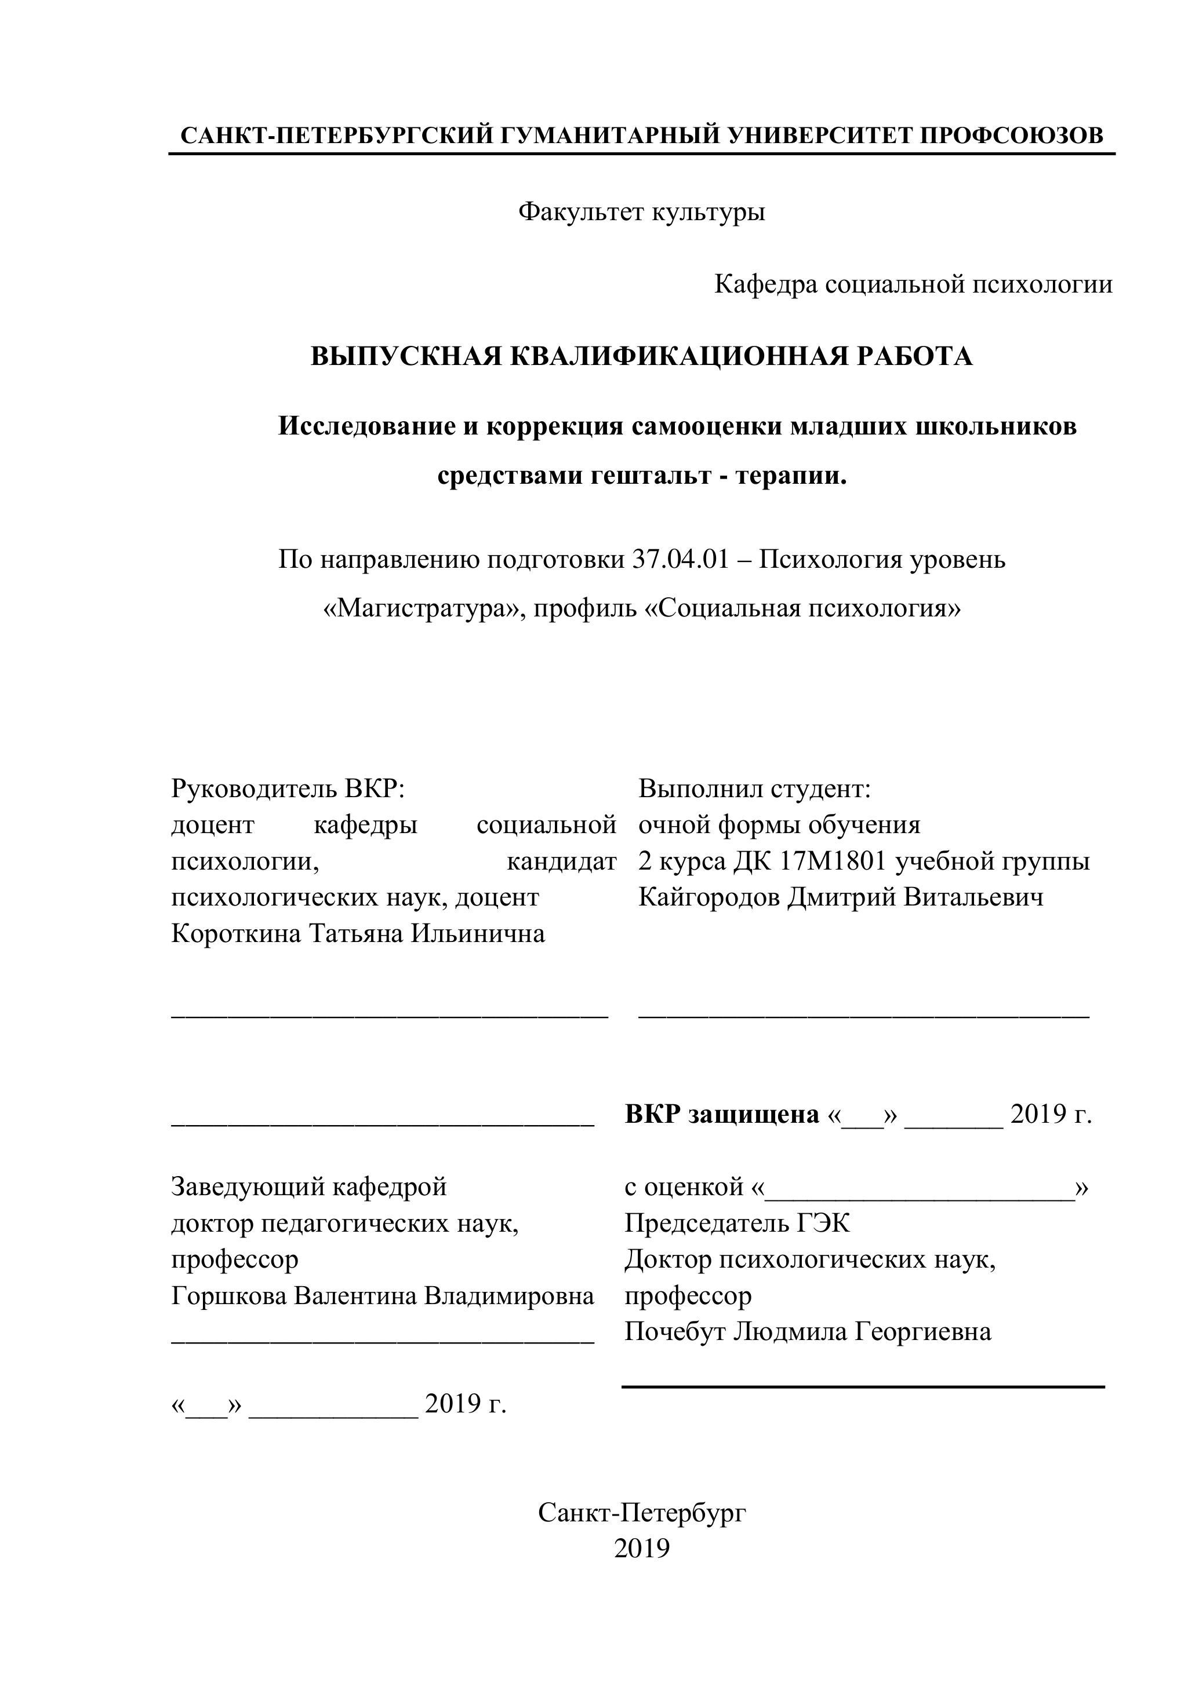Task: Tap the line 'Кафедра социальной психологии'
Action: coord(913,284)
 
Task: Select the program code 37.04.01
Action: coord(680,560)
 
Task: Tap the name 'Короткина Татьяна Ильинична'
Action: coord(358,933)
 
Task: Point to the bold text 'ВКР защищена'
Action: coord(721,1114)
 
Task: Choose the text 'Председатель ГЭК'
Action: coord(737,1223)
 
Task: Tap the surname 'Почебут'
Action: coord(674,1332)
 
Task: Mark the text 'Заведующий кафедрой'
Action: coord(308,1187)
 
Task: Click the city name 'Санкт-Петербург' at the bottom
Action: coord(642,1513)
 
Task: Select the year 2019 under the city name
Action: coord(642,1548)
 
